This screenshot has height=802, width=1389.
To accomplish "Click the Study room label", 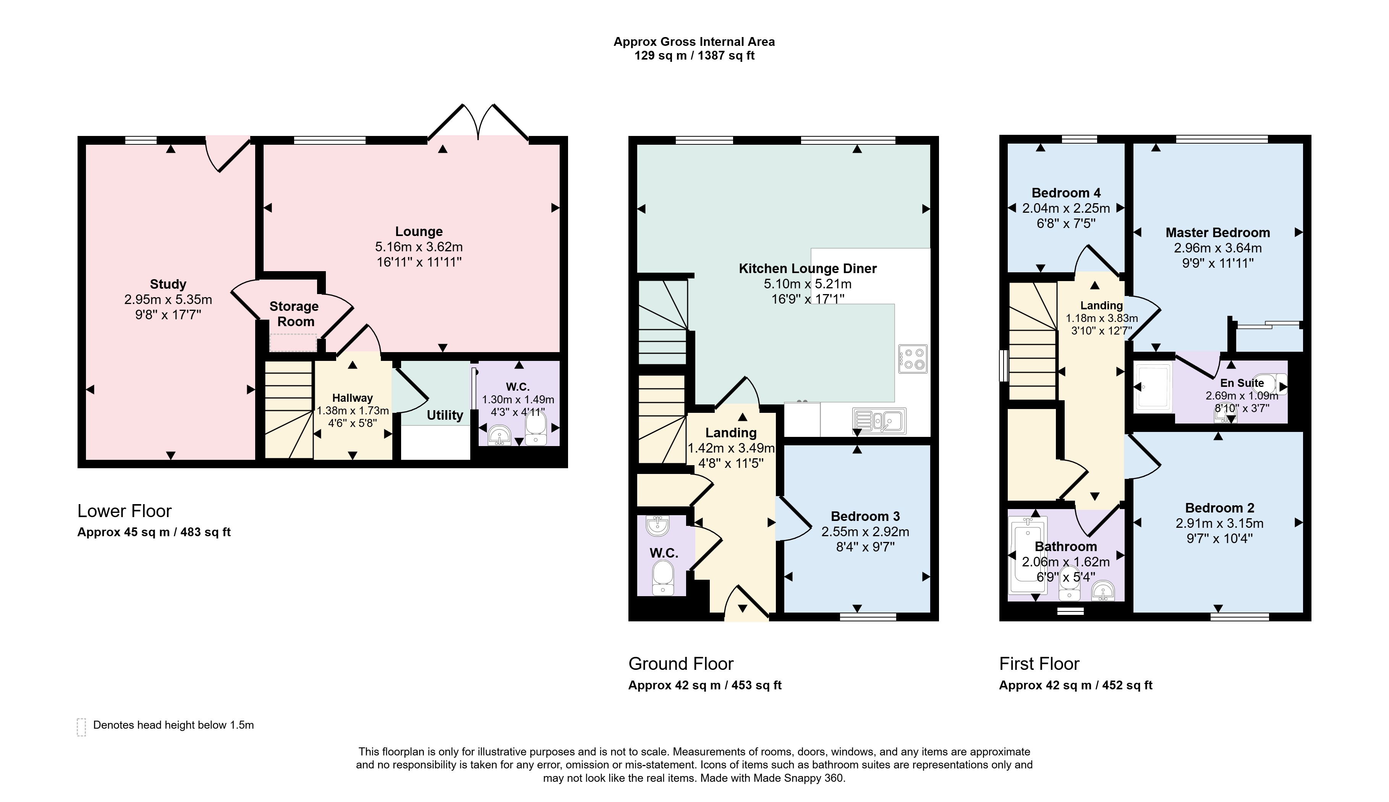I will point(168,284).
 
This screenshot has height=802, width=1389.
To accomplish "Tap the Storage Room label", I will point(294,314).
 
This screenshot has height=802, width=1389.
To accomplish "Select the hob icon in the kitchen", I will point(912,359).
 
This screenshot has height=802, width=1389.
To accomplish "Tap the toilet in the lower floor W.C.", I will point(535,428).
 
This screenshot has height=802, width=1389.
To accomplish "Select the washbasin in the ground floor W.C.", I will point(657,526).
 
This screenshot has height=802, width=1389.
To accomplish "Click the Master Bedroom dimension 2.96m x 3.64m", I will point(1217,248).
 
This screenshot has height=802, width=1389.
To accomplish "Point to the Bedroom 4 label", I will point(1065,193).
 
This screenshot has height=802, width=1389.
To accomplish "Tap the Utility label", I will point(445,416).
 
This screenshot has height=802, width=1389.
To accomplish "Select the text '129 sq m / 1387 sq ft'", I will point(694,56).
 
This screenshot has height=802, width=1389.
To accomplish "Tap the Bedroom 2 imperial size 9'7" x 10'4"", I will point(1219,538).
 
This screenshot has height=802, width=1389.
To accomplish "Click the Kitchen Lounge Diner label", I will point(807,269).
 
